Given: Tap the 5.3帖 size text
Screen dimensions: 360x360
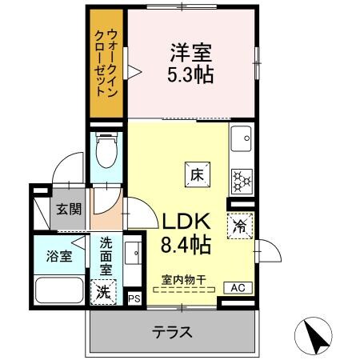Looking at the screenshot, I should pos(190,77).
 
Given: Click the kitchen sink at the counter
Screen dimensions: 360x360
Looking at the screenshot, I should pos(242,142).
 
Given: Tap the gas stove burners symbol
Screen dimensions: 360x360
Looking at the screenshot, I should pos(241,182).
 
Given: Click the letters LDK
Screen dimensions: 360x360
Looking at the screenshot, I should pos(187,222).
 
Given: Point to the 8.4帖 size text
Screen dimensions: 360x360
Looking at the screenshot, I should pos(189,243).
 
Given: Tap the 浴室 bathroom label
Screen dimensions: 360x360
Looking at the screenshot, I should pos(58,258).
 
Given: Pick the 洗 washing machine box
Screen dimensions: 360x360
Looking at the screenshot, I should pos(104,292).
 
